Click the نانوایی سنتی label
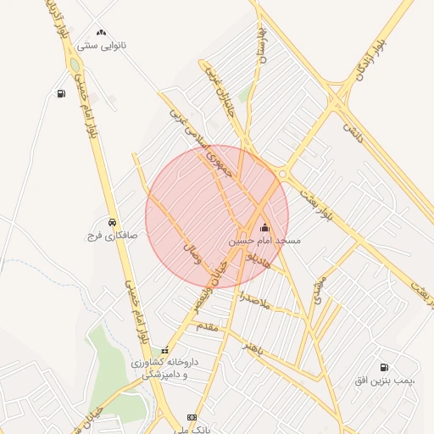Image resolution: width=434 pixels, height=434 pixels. [x=101, y=44]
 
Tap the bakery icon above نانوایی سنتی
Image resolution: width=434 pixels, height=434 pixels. [x=101, y=32]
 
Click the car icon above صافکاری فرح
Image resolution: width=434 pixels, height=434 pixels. [x=113, y=221]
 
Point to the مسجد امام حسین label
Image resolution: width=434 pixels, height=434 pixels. [x=264, y=241]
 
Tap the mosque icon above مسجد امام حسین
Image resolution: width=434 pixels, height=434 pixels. [x=264, y=227]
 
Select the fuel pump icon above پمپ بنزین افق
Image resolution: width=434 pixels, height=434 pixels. [x=385, y=368]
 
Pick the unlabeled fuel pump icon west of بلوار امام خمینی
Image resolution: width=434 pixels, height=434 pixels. [x=61, y=94]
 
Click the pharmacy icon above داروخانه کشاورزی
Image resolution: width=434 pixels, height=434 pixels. [x=165, y=350]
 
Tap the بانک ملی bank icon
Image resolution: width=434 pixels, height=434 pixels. [x=192, y=417]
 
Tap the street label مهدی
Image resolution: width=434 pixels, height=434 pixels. [x=317, y=290]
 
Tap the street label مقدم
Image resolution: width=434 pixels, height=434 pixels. [x=207, y=325]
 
